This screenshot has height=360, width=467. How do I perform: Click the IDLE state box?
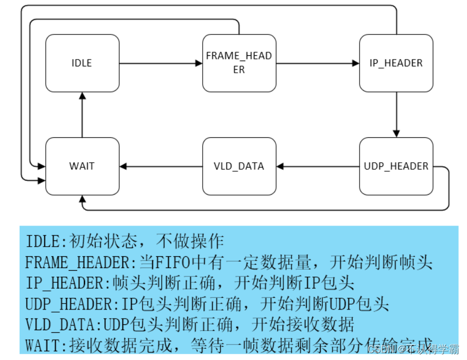coord(82,63)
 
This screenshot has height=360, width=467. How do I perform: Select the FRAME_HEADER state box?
coord(239,63)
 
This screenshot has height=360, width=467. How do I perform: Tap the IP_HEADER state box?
coord(396,63)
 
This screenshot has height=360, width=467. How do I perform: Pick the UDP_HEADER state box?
coord(396,166)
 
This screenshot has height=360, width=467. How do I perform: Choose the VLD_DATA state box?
coord(239,166)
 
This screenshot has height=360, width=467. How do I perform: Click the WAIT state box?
coord(82,166)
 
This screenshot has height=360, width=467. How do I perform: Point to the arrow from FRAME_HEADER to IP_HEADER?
coord(318,63)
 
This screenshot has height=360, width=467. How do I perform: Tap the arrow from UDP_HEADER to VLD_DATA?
coord(318,166)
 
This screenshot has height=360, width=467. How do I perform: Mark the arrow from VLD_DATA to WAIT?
coord(161,166)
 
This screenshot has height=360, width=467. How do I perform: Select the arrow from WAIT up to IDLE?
coord(82,114)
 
